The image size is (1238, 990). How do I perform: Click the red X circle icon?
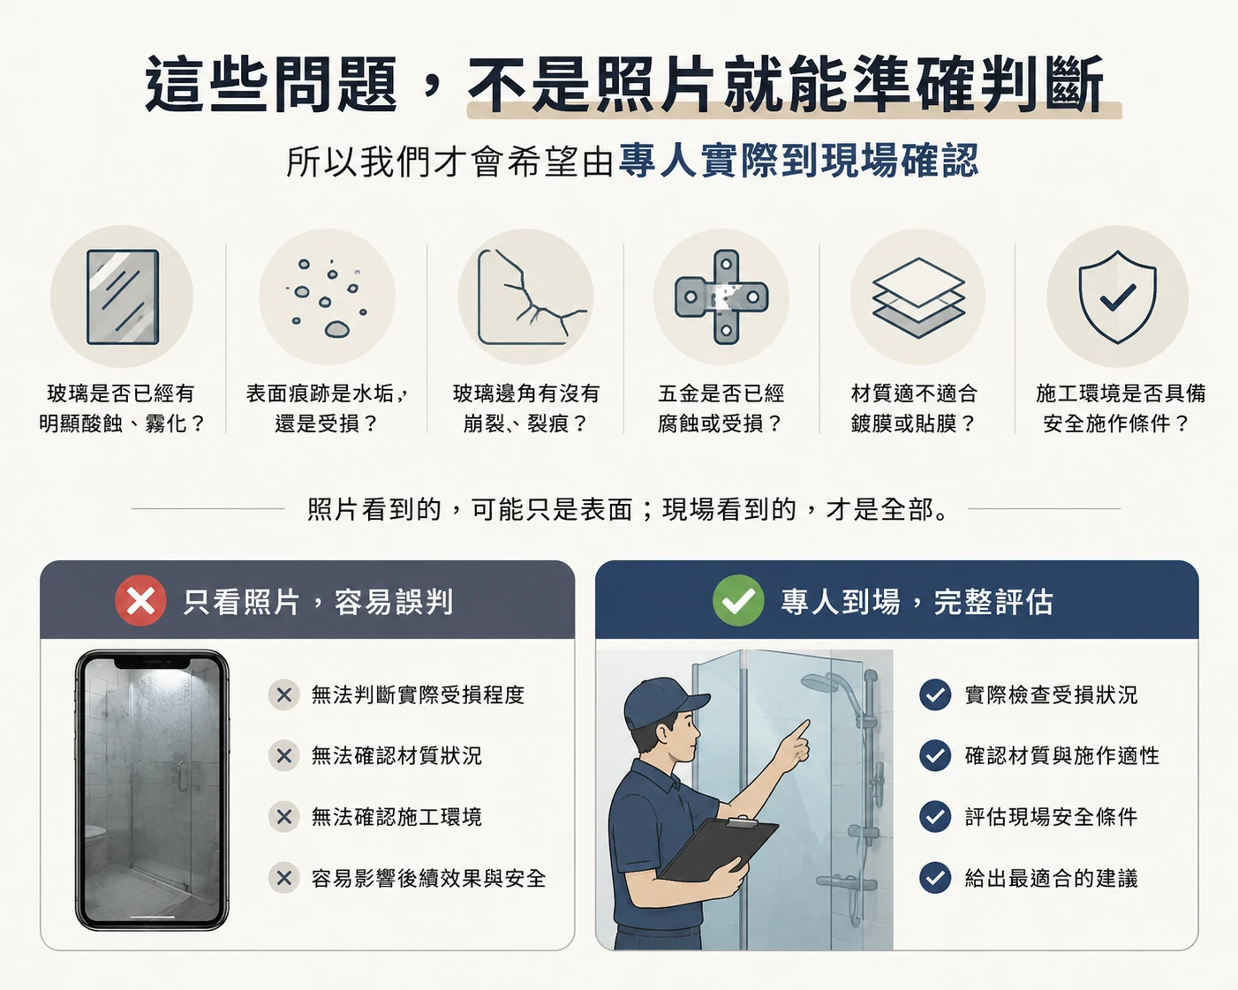tap(140, 601)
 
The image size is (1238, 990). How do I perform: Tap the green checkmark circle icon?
tap(738, 601)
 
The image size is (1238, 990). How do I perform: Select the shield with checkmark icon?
tap(1117, 296)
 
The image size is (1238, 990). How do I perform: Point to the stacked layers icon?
tap(918, 297)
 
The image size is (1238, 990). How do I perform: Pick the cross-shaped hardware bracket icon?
tap(721, 296)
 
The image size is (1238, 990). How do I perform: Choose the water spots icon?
tap(328, 297)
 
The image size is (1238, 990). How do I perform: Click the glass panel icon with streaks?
tap(123, 296)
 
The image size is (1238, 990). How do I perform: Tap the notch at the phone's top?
tap(152, 664)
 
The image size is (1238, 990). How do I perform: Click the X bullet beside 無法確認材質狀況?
tap(283, 755)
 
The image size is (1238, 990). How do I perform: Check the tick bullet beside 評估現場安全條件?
tap(935, 816)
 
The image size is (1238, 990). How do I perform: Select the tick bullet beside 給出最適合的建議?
tap(935, 877)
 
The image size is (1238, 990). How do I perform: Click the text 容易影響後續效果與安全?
tap(428, 878)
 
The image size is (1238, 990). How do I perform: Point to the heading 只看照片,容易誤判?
tap(318, 602)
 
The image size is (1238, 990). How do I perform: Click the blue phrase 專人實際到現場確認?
tap(798, 161)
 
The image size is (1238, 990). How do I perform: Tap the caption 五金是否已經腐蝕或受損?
tap(721, 409)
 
